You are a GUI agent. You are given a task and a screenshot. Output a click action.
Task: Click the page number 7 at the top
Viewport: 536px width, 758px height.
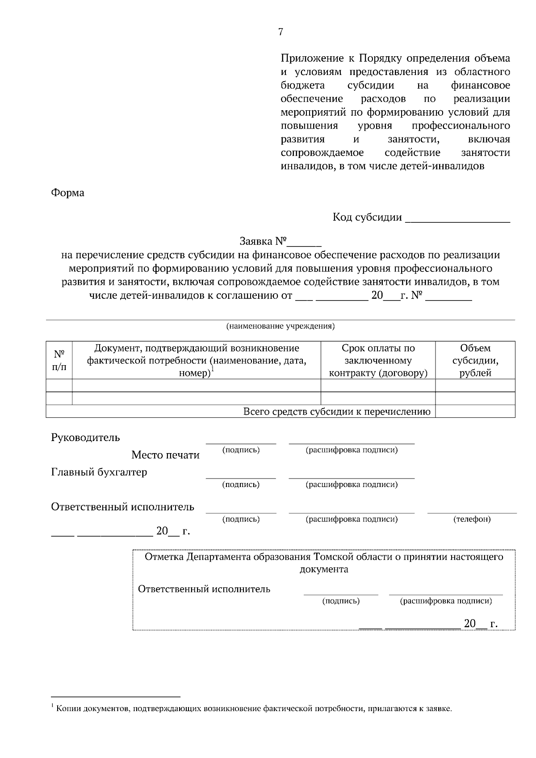point(281,32)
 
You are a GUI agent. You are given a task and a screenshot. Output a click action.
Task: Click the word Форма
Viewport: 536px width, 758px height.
point(68,193)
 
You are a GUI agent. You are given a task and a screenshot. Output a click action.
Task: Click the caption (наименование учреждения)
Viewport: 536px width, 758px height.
point(281,326)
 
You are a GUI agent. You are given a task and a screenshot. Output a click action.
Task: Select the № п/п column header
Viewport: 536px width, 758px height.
point(59,360)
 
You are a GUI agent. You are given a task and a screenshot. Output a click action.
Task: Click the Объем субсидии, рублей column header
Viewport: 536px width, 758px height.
point(475,360)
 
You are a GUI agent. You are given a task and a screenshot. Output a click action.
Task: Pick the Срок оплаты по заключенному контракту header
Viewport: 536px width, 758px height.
point(378,360)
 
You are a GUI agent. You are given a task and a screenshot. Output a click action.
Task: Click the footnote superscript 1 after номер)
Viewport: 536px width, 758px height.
point(213,369)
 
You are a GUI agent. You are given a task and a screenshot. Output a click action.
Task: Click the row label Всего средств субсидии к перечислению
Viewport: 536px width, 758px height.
point(337,412)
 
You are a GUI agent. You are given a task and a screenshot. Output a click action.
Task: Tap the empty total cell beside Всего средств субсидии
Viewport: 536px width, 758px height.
point(475,412)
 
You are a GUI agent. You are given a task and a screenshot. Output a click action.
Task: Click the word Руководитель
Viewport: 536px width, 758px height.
point(86,437)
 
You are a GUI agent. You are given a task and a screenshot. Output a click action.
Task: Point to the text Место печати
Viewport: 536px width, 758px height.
point(165,455)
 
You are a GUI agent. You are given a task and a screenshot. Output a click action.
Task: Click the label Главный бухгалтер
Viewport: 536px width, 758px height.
point(99,472)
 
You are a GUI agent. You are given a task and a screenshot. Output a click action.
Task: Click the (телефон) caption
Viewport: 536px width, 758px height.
point(472,519)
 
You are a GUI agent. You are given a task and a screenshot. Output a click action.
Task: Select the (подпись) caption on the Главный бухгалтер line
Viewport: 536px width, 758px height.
point(241,484)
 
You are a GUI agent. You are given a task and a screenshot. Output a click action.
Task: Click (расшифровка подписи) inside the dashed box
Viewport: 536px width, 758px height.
point(446,601)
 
